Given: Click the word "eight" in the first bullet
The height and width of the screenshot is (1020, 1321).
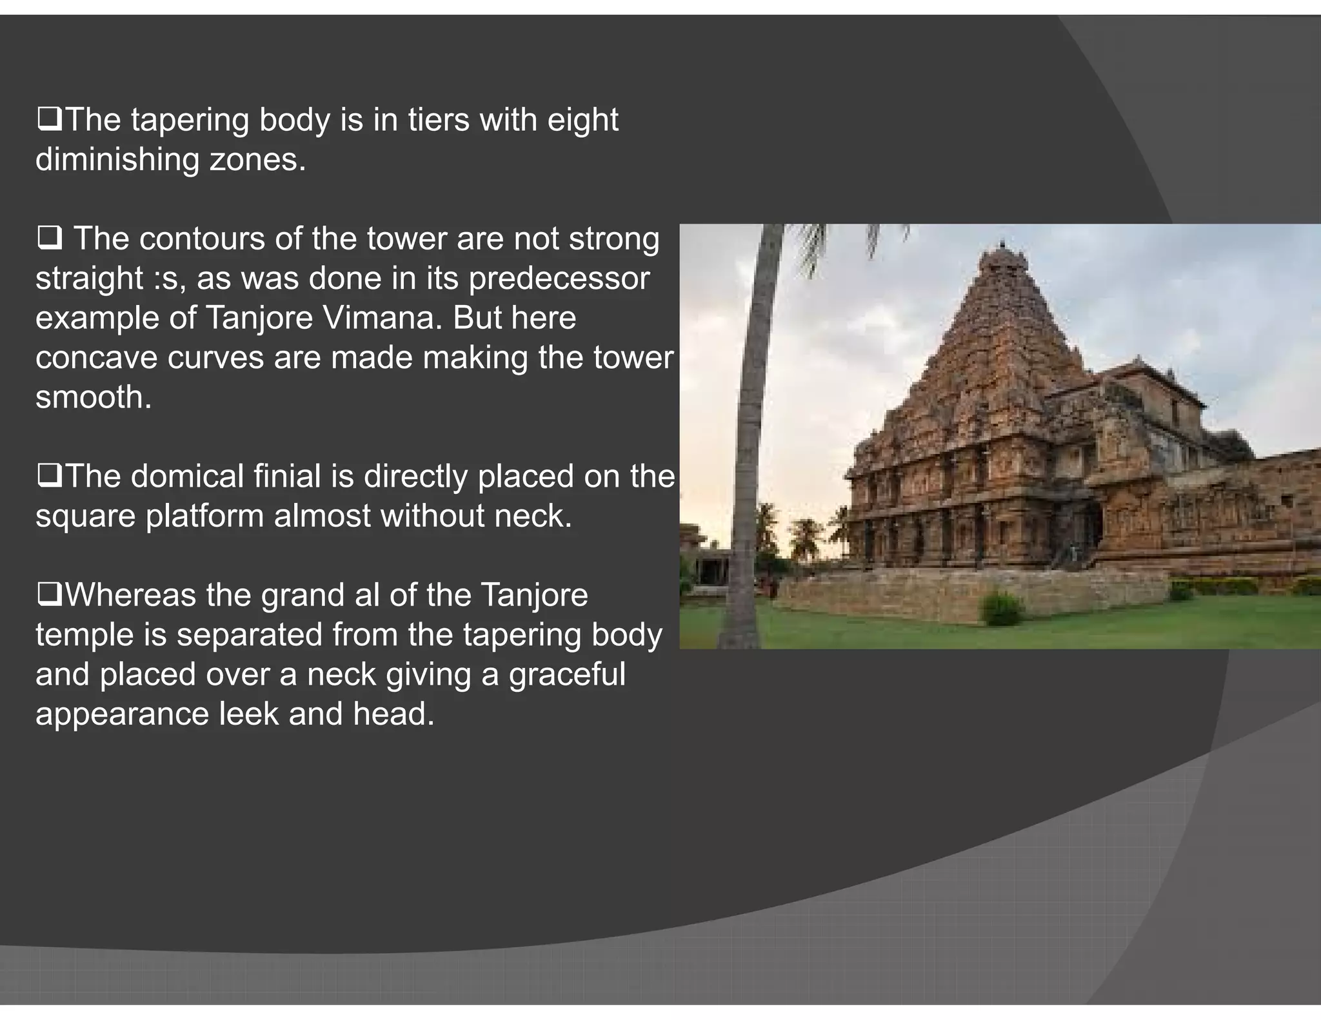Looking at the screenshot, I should (582, 121).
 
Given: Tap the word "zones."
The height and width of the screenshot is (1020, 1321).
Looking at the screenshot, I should (257, 160).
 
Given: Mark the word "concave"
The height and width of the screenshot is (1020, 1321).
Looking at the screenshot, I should (96, 358).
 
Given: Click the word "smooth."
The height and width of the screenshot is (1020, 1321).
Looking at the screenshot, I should (94, 397).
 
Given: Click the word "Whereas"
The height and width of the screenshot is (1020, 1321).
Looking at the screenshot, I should (130, 595).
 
